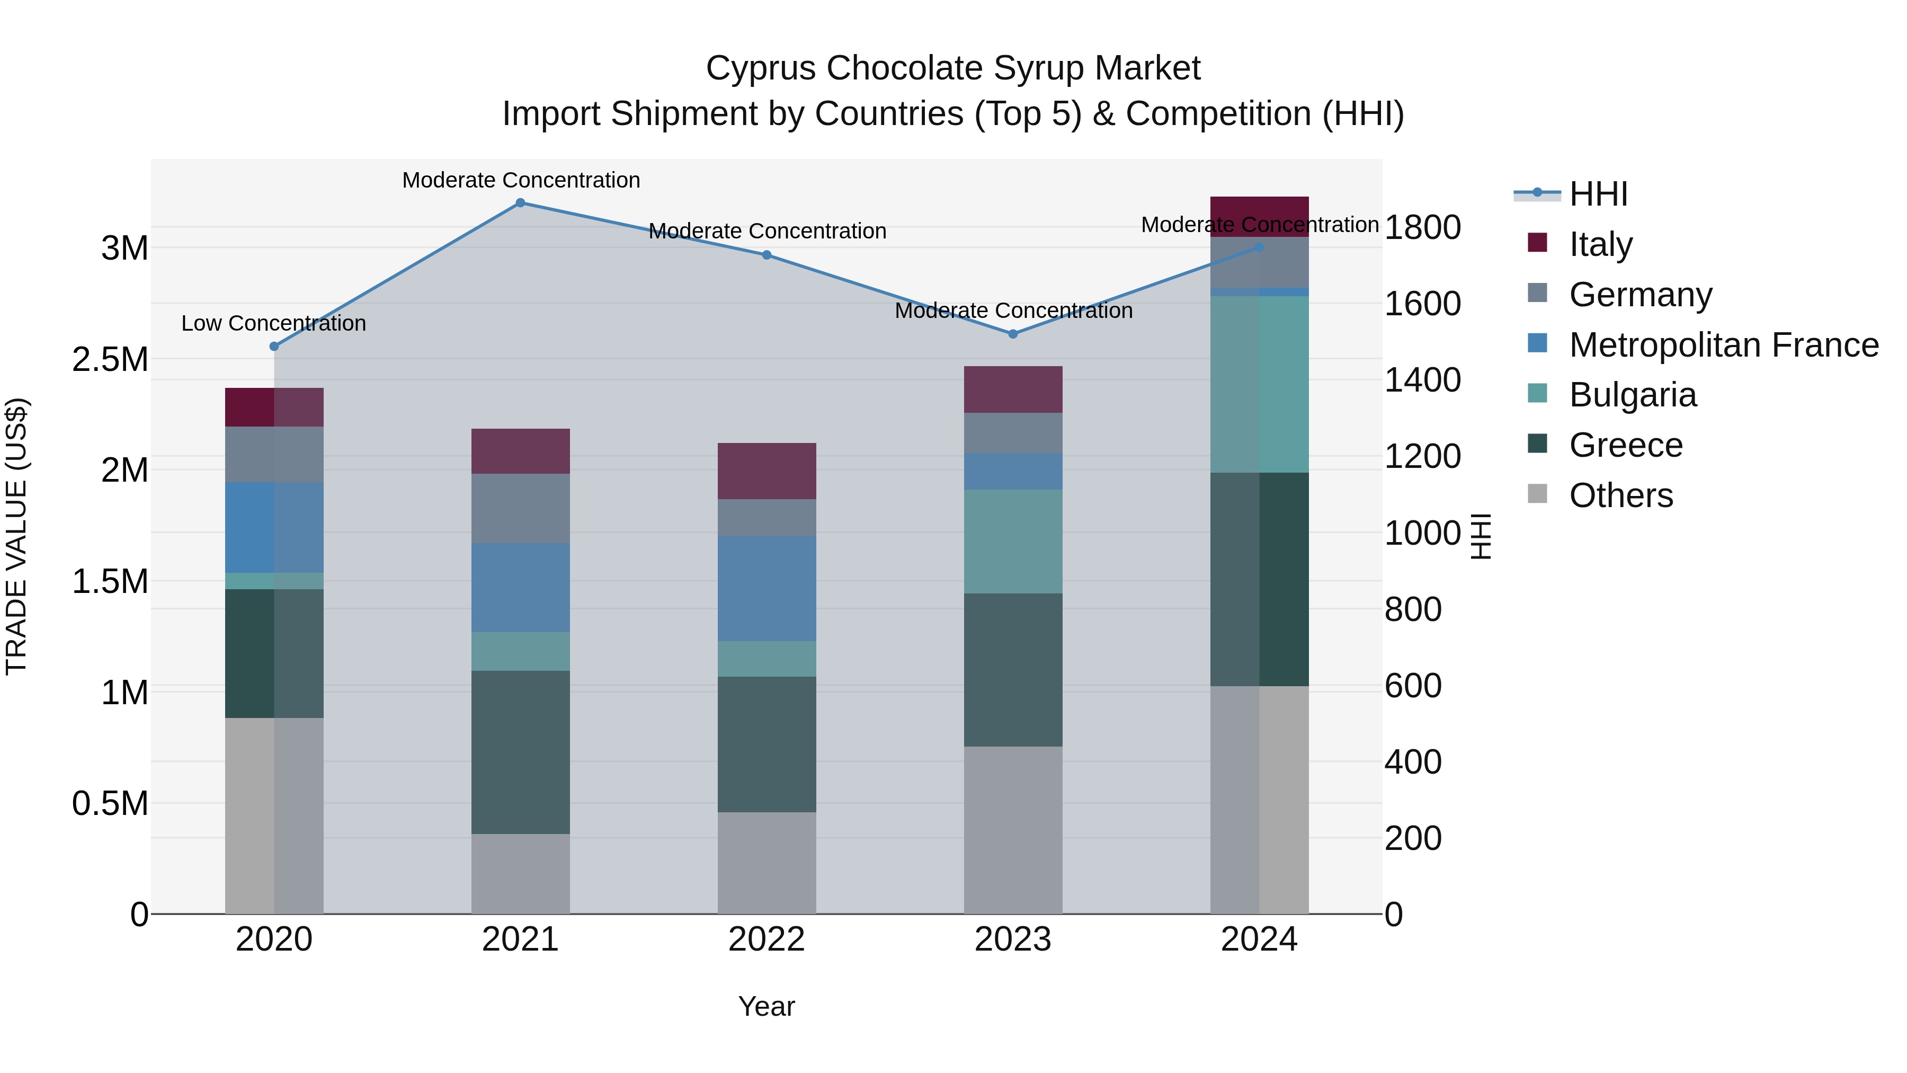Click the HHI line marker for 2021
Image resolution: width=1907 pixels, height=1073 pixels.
tap(520, 203)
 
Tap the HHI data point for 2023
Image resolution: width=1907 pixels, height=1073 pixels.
tap(1013, 334)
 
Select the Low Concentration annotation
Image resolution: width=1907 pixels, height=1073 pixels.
tap(273, 324)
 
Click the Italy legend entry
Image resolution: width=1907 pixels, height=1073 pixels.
tap(1600, 244)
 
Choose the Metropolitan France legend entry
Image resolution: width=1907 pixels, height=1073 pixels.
tap(1723, 344)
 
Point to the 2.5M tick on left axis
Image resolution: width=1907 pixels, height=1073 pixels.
tap(110, 360)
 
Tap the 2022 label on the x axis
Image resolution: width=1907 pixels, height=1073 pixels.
tap(766, 939)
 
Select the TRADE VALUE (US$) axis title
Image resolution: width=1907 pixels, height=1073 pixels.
tap(16, 536)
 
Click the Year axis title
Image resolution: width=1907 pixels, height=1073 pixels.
tap(766, 1006)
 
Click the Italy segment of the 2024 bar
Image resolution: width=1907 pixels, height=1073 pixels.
tap(1259, 216)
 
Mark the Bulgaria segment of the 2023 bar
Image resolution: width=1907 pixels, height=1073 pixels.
tap(1013, 542)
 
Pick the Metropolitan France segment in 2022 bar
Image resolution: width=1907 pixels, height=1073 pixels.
tap(766, 588)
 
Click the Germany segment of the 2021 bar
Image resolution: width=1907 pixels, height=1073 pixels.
tap(520, 508)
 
